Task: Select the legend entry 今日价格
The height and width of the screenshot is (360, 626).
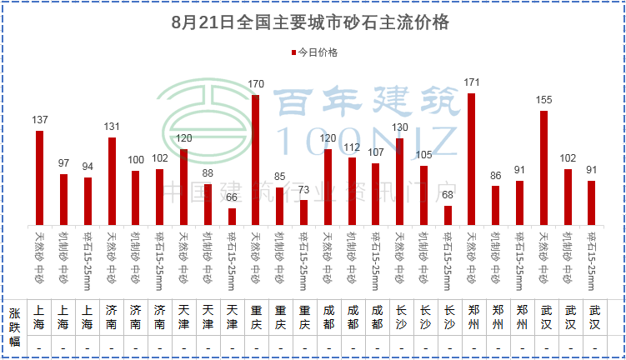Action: pos(313,52)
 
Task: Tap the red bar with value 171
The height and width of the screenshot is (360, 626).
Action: pos(471,158)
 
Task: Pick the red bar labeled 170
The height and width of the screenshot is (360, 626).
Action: pos(255,159)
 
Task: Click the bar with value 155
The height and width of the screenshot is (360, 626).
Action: pos(543,167)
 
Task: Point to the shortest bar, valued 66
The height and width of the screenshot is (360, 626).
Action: pos(232,215)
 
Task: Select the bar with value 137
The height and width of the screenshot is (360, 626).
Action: pos(39,177)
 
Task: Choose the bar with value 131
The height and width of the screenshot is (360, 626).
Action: pos(112,180)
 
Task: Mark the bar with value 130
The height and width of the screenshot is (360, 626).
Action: pos(399,181)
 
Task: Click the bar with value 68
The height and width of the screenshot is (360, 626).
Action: pos(448,214)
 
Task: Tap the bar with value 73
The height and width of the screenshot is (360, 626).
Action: pos(303,212)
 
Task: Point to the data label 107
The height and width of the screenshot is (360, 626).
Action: pos(375,153)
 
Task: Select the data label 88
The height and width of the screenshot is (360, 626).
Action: pos(208,173)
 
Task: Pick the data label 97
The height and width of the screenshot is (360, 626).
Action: pos(63,163)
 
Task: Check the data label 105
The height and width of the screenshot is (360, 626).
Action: pos(423,155)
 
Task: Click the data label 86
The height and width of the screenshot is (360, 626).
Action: pos(495,176)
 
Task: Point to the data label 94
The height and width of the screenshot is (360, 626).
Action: pos(88,167)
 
